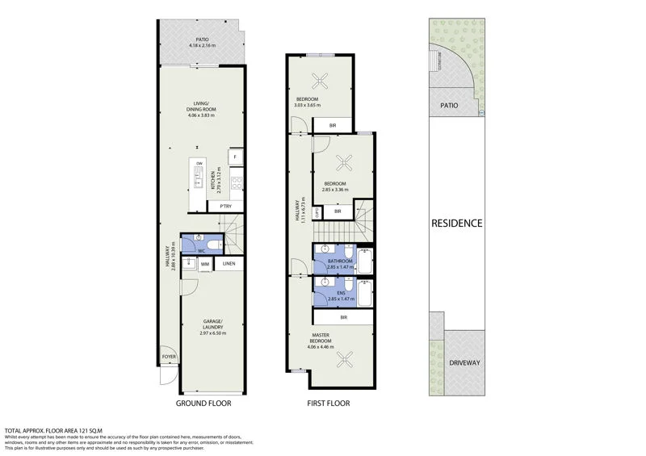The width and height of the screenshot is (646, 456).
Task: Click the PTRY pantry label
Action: pyautogui.click(x=226, y=207)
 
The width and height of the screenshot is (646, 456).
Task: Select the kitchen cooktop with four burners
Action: pyautogui.click(x=236, y=183)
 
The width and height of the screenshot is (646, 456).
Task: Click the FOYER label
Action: pyautogui.click(x=169, y=355)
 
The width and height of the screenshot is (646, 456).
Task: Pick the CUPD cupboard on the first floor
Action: pyautogui.click(x=318, y=213)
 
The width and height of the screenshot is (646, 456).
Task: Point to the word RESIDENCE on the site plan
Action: pyautogui.click(x=456, y=224)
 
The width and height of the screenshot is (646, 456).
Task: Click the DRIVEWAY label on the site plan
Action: pyautogui.click(x=464, y=362)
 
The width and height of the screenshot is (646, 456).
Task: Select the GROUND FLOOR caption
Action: pyautogui.click(x=203, y=403)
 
